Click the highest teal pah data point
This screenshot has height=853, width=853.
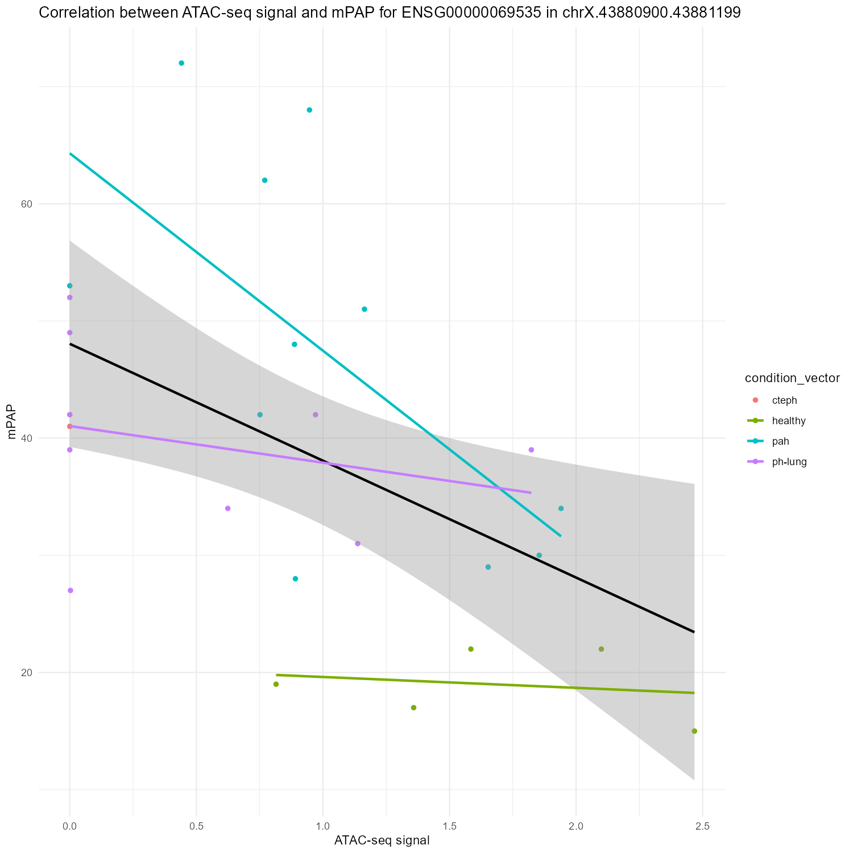pyautogui.click(x=181, y=63)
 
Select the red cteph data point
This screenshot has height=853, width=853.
pyautogui.click(x=69, y=426)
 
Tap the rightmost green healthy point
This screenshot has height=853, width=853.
pyautogui.click(x=694, y=731)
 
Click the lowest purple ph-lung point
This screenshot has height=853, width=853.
pyautogui.click(x=70, y=590)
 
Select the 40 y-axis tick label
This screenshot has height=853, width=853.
pyautogui.click(x=26, y=438)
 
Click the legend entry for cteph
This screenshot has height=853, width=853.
pyautogui.click(x=785, y=400)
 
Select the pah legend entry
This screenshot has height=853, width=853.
pyautogui.click(x=780, y=441)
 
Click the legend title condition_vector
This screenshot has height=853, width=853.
pyautogui.click(x=792, y=379)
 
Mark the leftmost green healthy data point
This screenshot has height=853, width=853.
pyautogui.click(x=276, y=684)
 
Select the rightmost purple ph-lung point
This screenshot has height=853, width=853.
pyautogui.click(x=531, y=450)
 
